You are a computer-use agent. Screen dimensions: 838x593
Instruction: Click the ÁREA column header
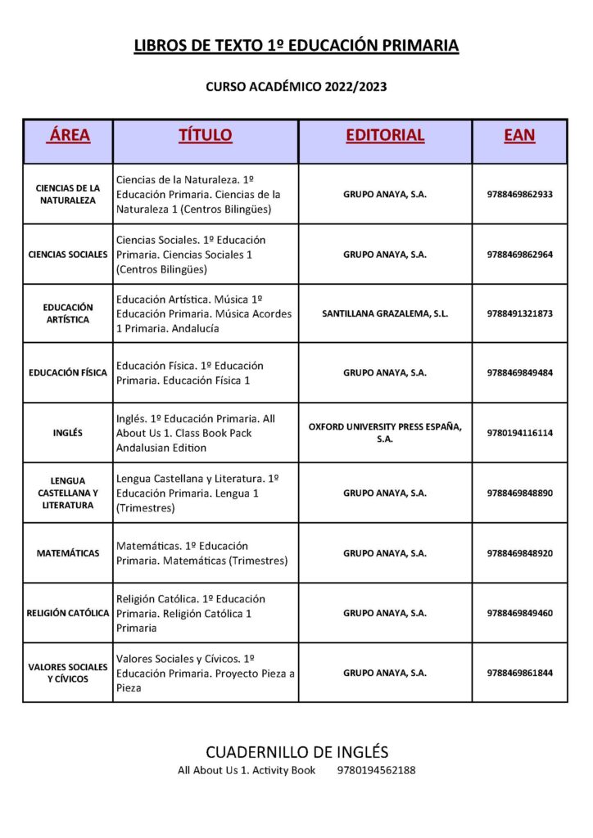(x=69, y=135)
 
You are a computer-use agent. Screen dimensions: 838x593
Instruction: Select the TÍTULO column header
(x=206, y=135)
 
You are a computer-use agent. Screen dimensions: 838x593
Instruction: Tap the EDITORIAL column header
(x=385, y=135)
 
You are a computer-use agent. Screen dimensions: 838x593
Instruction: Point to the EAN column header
(x=519, y=135)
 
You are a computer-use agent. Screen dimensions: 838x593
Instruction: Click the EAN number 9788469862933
(x=519, y=194)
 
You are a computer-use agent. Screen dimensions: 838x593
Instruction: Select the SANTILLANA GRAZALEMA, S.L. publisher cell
(x=385, y=313)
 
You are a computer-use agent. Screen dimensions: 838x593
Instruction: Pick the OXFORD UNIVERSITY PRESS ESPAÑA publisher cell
(x=385, y=433)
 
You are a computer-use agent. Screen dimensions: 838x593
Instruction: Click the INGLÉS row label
(x=67, y=433)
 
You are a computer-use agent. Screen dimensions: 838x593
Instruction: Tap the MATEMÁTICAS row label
(x=68, y=553)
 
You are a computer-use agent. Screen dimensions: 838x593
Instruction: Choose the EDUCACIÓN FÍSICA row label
(x=68, y=373)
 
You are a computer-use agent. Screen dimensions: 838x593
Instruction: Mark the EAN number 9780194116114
(x=519, y=433)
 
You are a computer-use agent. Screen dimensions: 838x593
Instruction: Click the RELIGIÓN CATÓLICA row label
(x=68, y=613)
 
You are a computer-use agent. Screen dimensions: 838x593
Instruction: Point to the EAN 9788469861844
(x=519, y=673)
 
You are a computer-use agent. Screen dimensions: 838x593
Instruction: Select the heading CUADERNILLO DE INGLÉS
(x=296, y=752)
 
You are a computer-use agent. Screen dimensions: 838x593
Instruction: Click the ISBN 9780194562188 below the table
(x=376, y=771)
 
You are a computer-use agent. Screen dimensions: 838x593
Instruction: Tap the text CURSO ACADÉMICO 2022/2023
(x=296, y=86)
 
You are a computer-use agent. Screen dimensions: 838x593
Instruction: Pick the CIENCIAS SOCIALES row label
(x=68, y=255)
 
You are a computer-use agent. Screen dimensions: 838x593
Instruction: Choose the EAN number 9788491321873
(x=519, y=313)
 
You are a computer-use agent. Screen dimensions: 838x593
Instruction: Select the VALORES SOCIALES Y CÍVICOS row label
(x=68, y=673)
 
